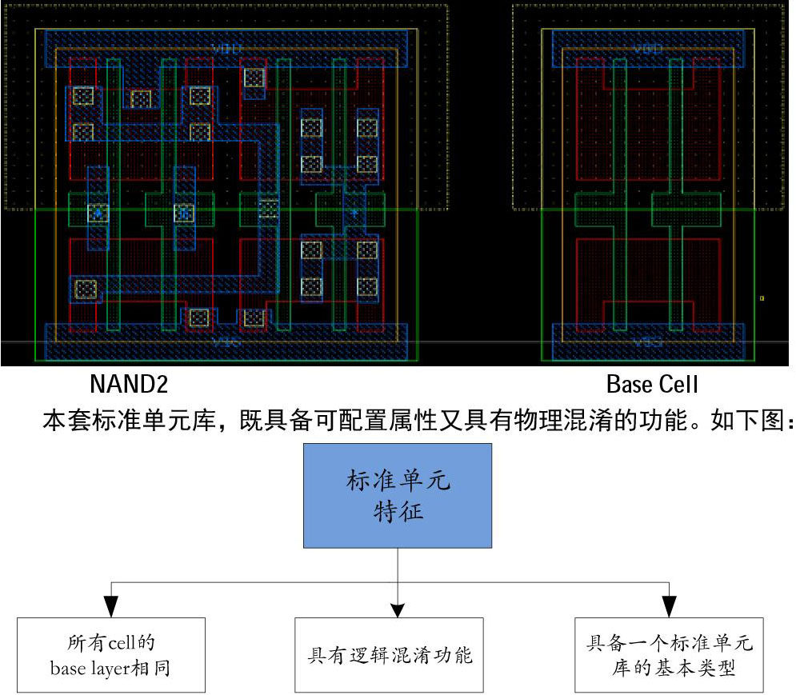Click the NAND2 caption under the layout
129,385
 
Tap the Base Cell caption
652,385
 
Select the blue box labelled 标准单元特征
397,495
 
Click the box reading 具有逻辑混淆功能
390,655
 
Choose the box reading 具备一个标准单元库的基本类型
669,655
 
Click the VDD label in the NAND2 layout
226,49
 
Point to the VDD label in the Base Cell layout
647,49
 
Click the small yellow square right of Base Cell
762,298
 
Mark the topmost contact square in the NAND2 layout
254,78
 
